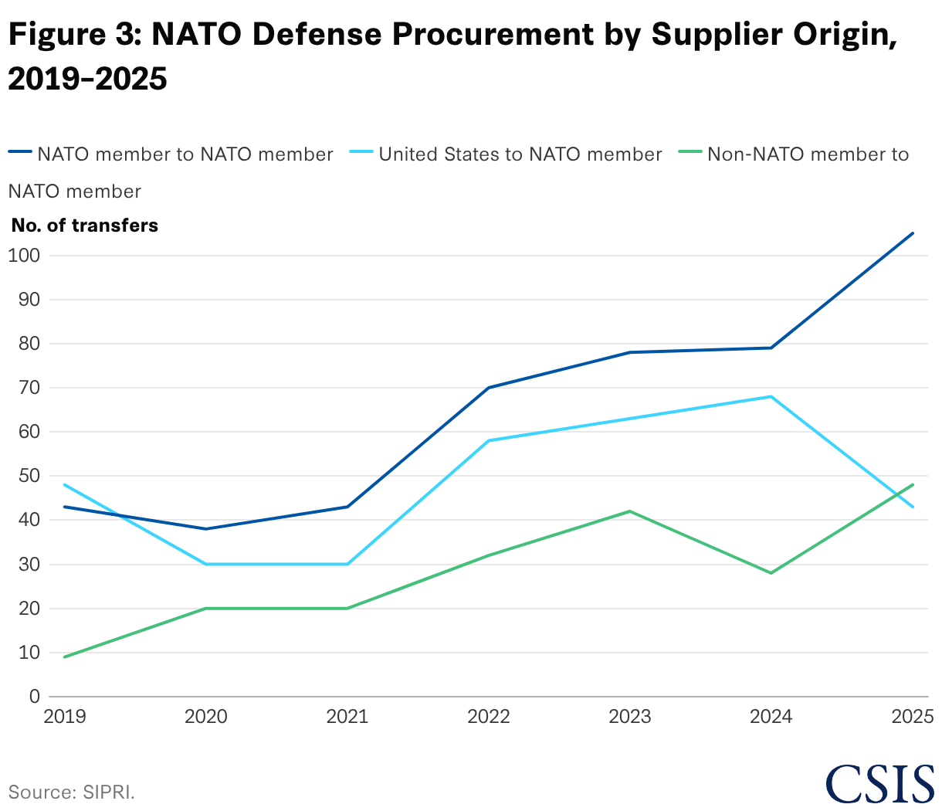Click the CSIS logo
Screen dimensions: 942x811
click(879, 784)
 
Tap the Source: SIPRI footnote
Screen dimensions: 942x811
click(72, 792)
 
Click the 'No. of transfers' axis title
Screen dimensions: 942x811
click(85, 226)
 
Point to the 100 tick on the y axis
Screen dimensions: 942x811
click(24, 256)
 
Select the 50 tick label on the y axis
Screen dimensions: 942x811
click(29, 476)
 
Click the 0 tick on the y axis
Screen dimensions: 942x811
click(35, 697)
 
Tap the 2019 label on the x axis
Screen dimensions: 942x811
click(65, 717)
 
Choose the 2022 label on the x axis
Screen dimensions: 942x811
click(489, 717)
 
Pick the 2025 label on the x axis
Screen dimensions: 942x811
click(913, 717)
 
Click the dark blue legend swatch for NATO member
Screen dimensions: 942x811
click(20, 151)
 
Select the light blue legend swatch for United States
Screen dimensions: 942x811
click(361, 151)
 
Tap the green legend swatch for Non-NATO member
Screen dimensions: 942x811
click(690, 151)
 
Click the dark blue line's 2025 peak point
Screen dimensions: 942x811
click(913, 233)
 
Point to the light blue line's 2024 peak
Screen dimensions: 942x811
click(771, 396)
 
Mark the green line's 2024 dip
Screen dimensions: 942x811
click(771, 573)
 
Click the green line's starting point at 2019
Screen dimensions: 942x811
click(65, 657)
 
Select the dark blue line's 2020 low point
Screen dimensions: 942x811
click(206, 529)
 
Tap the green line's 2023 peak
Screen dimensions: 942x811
click(630, 511)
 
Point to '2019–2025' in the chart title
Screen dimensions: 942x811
click(87, 79)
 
